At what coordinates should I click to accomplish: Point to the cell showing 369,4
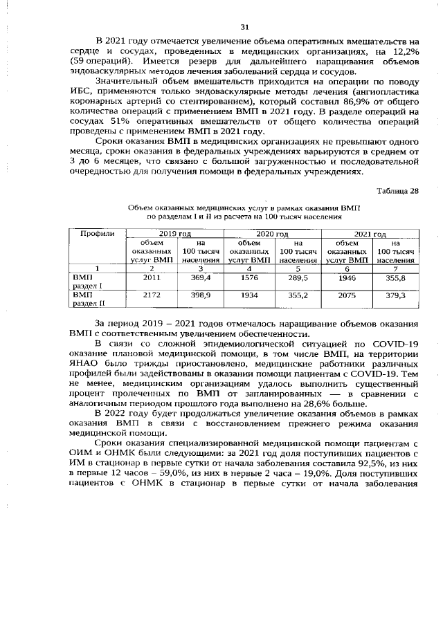pos(201,277)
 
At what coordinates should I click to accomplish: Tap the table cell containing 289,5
pos(298,277)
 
